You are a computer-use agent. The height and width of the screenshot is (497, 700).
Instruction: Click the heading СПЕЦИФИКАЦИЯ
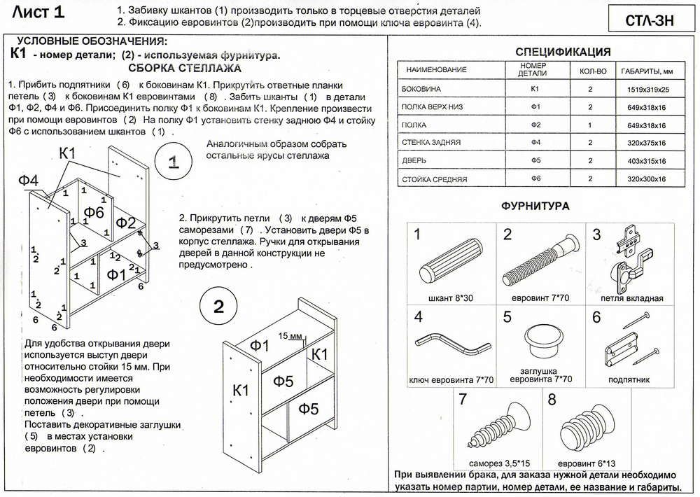click(563, 52)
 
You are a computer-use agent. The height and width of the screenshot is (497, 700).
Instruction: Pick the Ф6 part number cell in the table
click(535, 180)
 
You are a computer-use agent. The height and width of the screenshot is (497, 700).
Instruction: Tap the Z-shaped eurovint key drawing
click(451, 345)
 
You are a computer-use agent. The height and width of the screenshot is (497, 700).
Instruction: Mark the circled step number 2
click(218, 306)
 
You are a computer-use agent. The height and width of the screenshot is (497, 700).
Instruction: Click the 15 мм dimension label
click(288, 336)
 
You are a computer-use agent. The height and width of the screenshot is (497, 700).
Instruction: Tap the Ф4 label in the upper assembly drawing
click(29, 181)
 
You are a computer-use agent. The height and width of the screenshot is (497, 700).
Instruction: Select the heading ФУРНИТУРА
click(535, 206)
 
